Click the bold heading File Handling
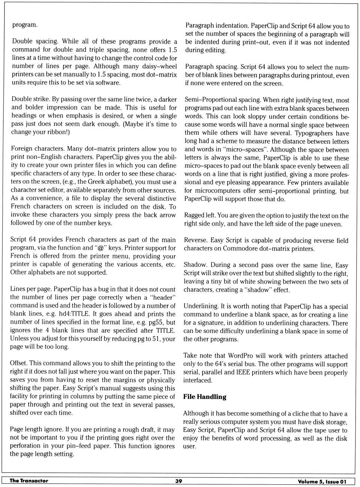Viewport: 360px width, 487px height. pyautogui.click(x=205, y=397)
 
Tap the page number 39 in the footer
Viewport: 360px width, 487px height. pyautogui.click(x=178, y=481)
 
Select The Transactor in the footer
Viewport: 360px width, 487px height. pyautogui.click(x=29, y=481)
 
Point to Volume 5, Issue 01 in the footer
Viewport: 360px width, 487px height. pyautogui.click(x=322, y=481)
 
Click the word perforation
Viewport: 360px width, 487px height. pyautogui.click(x=25, y=446)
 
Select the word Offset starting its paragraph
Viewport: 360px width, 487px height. pyautogui.click(x=18, y=363)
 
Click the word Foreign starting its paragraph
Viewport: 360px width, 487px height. pyautogui.click(x=22, y=148)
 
